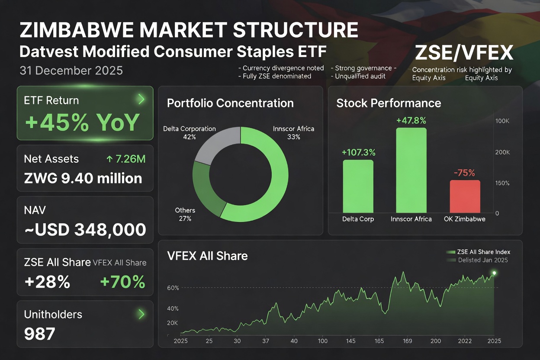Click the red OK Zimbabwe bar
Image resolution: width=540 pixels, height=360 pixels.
coord(465,196)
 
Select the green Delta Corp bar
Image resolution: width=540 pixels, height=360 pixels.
coord(358,186)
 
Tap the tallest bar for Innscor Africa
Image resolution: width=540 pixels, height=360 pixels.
coord(411,170)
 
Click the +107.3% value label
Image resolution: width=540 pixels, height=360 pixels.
coord(358,152)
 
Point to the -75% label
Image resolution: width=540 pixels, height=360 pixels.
coord(464,173)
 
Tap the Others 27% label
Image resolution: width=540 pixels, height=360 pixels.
coord(185,214)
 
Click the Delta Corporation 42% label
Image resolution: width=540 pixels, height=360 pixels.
coord(189,132)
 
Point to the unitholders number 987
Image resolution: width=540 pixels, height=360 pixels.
coord(40,334)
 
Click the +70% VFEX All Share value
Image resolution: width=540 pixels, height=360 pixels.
coord(122,282)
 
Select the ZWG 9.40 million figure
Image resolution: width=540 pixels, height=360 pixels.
coord(83,178)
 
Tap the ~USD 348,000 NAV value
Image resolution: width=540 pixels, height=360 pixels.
coord(85,230)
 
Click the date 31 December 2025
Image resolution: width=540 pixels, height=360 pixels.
coord(71,71)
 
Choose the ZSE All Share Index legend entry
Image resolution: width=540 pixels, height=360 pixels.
coord(478,252)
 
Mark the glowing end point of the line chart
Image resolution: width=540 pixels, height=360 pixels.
coord(494,273)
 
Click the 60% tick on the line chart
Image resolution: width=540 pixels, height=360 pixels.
coord(173,288)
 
